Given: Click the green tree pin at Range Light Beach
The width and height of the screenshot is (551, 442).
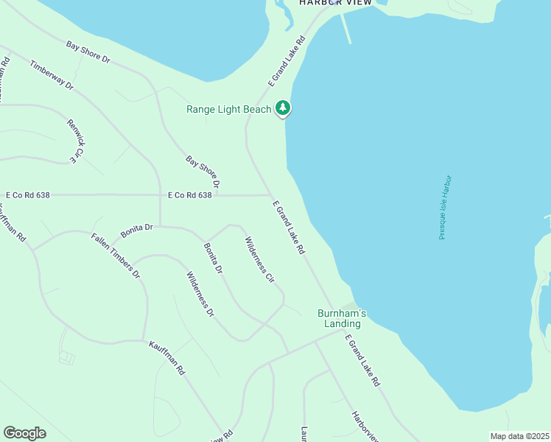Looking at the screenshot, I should (283, 108).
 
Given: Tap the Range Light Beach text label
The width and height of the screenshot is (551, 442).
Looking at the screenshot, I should (229, 110).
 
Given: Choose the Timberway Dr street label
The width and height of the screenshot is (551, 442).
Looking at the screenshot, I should (52, 74).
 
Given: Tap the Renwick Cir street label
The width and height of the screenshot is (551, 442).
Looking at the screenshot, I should (71, 141).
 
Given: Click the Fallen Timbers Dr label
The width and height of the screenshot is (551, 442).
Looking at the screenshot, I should (116, 256).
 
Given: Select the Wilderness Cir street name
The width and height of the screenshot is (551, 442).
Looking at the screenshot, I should (259, 260).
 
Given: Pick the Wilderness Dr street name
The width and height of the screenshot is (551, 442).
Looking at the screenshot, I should (200, 295).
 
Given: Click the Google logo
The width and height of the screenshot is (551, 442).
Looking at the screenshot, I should (24, 433).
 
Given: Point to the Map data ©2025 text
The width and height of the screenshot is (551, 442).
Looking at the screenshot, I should (519, 436).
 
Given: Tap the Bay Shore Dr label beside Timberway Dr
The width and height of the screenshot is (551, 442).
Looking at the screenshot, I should (88, 52).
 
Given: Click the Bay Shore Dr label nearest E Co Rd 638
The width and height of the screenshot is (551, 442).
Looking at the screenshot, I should (203, 171).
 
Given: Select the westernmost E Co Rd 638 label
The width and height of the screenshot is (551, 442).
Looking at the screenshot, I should (28, 195).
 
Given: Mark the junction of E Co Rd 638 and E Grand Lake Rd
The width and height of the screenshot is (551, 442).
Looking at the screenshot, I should (269, 195).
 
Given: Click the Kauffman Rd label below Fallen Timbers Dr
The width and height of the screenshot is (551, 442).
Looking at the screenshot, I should (166, 358).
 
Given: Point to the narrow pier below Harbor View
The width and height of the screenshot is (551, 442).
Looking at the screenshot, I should (345, 28).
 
